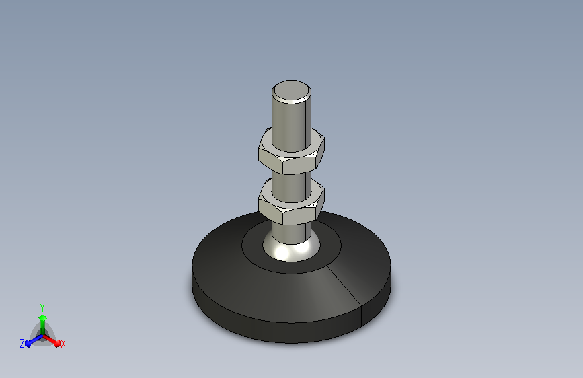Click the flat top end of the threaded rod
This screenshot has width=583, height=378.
[x=291, y=91]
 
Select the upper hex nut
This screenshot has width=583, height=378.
[x=292, y=151]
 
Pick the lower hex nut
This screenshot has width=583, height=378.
[x=292, y=202]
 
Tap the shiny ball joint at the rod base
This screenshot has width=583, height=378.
[x=291, y=250]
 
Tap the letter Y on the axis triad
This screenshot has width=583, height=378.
[x=42, y=307]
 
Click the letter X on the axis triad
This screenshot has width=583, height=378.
[x=63, y=344]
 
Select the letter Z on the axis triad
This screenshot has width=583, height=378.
[x=22, y=344]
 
